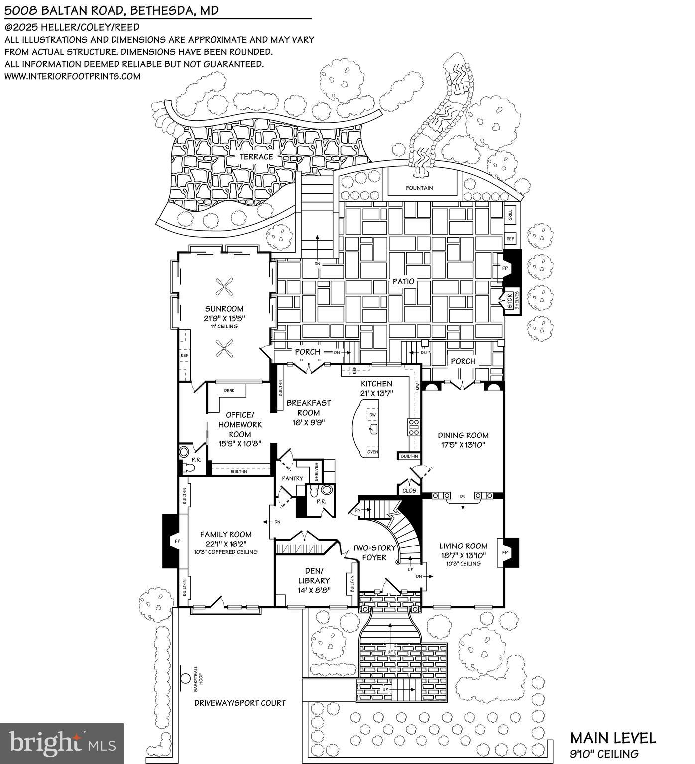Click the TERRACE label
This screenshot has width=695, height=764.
(256, 156)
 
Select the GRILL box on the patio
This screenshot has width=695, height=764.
(510, 215)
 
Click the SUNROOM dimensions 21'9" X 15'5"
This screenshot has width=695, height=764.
(225, 318)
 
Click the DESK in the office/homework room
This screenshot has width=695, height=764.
(229, 391)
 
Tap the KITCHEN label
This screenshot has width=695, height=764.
(376, 384)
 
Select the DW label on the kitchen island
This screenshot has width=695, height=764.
(373, 415)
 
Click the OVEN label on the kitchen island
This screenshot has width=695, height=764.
(372, 452)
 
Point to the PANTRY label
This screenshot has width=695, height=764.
(292, 478)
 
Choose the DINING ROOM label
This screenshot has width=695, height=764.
(463, 435)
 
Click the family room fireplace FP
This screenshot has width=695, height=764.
(177, 541)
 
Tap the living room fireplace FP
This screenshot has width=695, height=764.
(505, 552)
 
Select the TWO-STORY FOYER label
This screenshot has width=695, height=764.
(374, 552)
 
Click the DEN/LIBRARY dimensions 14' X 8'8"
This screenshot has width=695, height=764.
(314, 590)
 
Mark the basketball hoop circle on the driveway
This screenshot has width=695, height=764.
(185, 678)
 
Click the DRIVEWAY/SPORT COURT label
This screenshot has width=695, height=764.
(239, 703)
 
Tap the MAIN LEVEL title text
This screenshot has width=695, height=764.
(613, 738)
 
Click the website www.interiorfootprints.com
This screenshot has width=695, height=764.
(73, 76)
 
